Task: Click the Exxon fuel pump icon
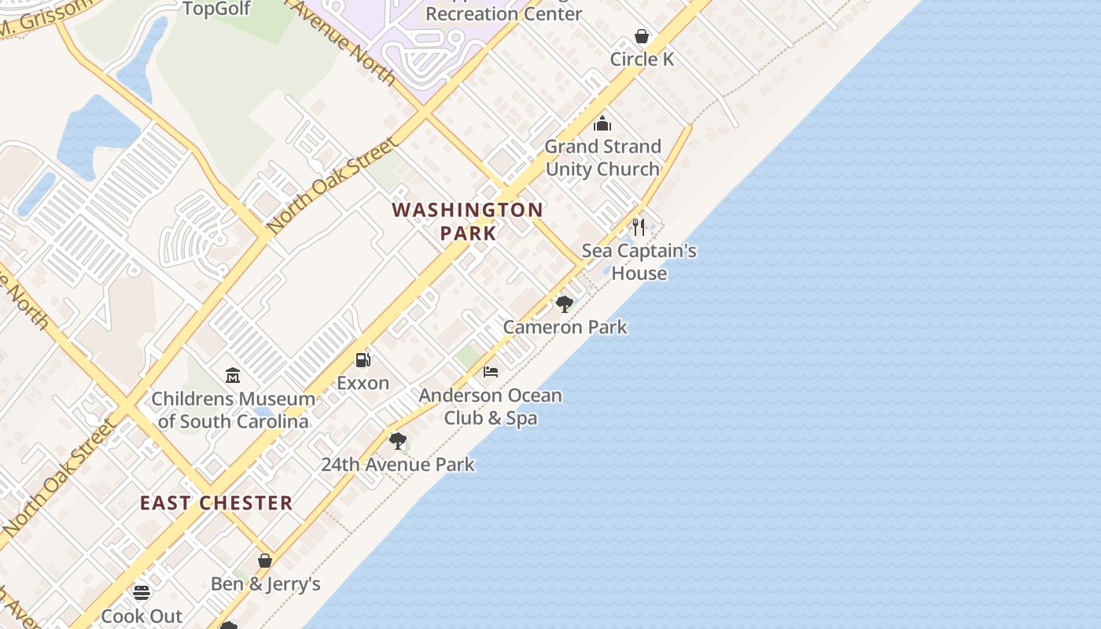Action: click(x=363, y=360)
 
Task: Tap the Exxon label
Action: click(x=363, y=383)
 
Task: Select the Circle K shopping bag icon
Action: click(x=642, y=36)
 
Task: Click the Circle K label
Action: click(x=642, y=59)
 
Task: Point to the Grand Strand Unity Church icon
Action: click(x=602, y=123)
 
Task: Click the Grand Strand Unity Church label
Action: click(x=602, y=157)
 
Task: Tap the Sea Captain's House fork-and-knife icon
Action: click(x=639, y=227)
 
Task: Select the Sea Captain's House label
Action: click(x=639, y=262)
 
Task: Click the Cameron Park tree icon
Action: click(x=564, y=304)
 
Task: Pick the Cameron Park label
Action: click(x=565, y=327)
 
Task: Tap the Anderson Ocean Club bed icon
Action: click(x=491, y=372)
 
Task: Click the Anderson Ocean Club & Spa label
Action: click(x=490, y=406)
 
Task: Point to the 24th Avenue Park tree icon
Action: click(x=398, y=441)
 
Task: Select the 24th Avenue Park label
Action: click(x=397, y=464)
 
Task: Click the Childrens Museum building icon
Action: click(x=233, y=376)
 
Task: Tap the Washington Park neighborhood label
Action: click(x=467, y=221)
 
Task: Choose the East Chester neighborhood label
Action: click(x=216, y=503)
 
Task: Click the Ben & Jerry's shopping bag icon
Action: click(x=265, y=561)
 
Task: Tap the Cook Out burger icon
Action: click(x=142, y=593)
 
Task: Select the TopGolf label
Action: click(x=216, y=9)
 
